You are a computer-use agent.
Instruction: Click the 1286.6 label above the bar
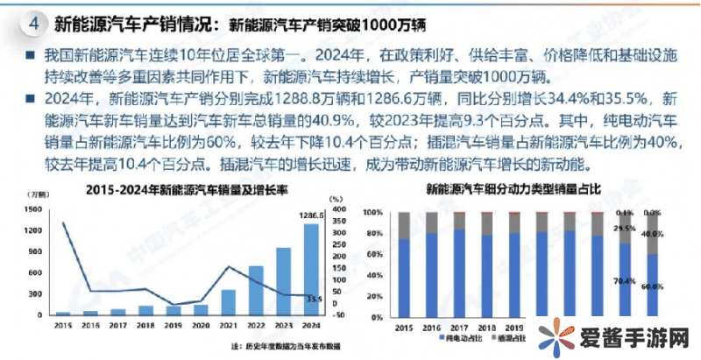(x=311, y=215)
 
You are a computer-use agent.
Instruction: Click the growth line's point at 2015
(x=62, y=223)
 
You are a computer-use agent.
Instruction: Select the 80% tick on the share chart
(x=374, y=234)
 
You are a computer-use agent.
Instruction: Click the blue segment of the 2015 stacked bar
(x=404, y=276)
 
